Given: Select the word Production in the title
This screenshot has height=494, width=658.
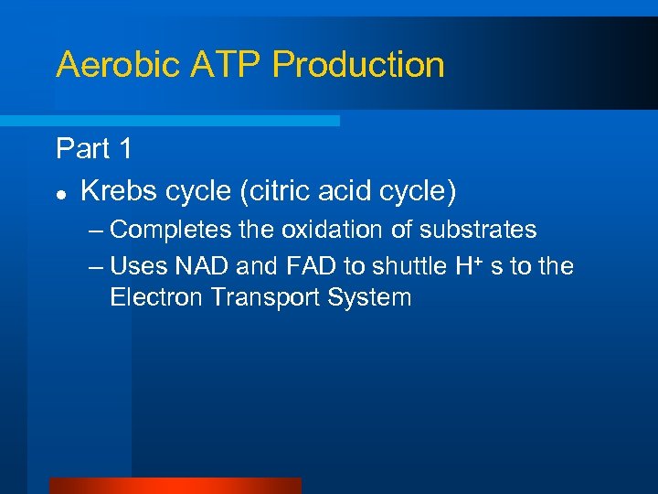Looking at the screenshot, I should (x=359, y=65).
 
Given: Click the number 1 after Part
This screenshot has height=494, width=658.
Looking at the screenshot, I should (x=125, y=148).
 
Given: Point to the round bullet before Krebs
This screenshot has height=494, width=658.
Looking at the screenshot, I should (x=60, y=192).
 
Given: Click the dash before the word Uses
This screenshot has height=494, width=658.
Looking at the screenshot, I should (x=98, y=266).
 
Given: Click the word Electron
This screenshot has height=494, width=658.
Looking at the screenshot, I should (x=150, y=297).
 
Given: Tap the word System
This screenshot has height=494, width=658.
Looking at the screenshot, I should (x=372, y=297).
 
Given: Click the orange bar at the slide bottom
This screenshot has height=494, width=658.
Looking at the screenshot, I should (x=175, y=486).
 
